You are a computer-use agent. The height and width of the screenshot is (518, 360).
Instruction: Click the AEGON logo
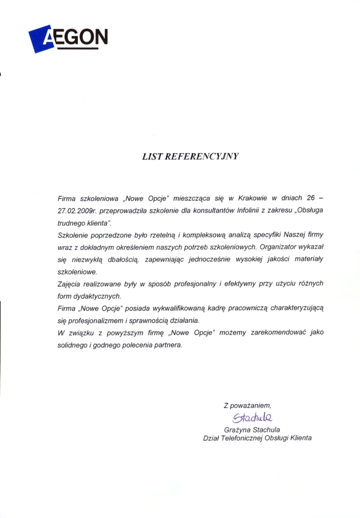[x=67, y=38]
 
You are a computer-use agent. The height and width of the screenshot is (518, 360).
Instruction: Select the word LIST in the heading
[x=152, y=156]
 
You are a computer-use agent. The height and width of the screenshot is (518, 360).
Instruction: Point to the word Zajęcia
[x=70, y=284]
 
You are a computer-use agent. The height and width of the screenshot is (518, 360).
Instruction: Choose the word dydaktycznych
[x=97, y=296]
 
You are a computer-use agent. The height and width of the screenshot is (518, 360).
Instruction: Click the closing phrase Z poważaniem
[x=247, y=406]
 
